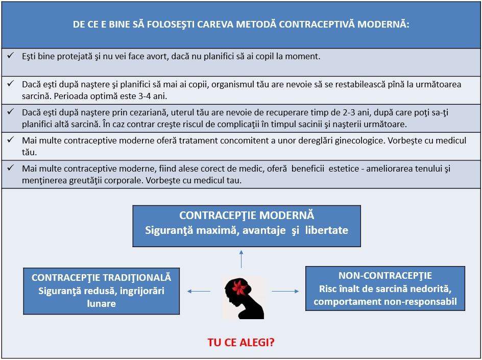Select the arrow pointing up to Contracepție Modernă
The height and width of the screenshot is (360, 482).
click(241, 259)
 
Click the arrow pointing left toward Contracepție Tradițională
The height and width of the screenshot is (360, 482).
click(199, 292)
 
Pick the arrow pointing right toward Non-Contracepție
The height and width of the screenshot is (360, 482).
click(285, 292)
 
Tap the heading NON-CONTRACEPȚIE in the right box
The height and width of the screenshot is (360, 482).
click(385, 275)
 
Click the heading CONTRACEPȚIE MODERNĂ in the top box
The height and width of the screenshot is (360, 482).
click(247, 215)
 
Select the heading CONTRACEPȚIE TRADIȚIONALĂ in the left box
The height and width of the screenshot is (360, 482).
click(102, 278)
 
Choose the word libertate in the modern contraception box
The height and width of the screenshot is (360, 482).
click(327, 230)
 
